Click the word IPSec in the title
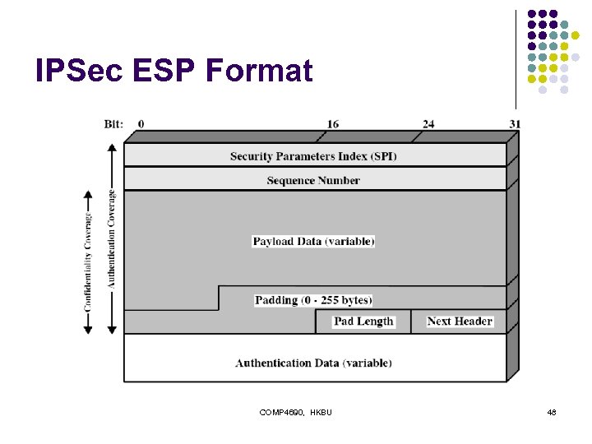pyautogui.click(x=76, y=71)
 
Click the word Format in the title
pyautogui.click(x=259, y=71)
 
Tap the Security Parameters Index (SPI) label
pyautogui.click(x=313, y=156)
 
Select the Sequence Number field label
pyautogui.click(x=313, y=180)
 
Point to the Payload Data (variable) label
pyautogui.click(x=313, y=241)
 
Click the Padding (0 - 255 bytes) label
pyautogui.click(x=313, y=300)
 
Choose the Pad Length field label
pyautogui.click(x=363, y=321)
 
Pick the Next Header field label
pyautogui.click(x=460, y=321)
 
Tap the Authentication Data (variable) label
pyautogui.click(x=313, y=363)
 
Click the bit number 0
pyautogui.click(x=141, y=124)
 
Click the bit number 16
pyautogui.click(x=332, y=124)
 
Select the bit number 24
pyautogui.click(x=428, y=124)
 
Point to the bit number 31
pyautogui.click(x=515, y=124)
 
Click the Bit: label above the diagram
pyautogui.click(x=113, y=124)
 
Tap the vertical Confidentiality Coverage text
pyautogui.click(x=88, y=262)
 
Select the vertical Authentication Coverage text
pyautogui.click(x=112, y=238)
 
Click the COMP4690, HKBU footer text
pyautogui.click(x=295, y=411)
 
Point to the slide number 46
pyautogui.click(x=552, y=411)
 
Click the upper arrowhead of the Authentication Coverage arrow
pyautogui.click(x=112, y=148)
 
